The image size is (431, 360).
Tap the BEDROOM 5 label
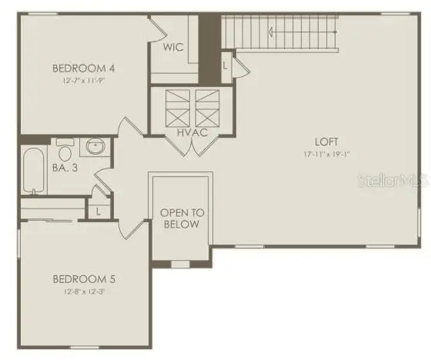click(84, 279)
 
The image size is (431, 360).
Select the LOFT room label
click(326, 142)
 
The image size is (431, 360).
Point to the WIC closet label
click(173, 48)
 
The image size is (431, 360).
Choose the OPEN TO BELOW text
click(179, 218)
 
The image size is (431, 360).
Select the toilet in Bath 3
click(65, 145)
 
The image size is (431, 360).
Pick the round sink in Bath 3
click(96, 146)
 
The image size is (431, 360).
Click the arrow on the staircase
click(274, 32)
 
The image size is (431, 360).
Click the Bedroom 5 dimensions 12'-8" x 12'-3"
click(84, 292)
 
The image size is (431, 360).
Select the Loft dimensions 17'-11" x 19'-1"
click(326, 154)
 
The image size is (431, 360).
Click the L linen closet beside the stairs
click(225, 65)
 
